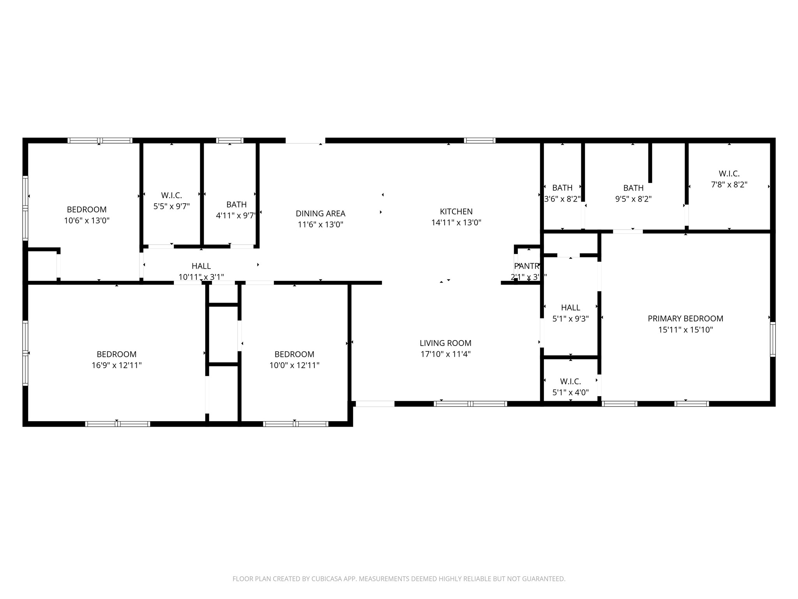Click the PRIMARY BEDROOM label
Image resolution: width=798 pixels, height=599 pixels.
(685, 319)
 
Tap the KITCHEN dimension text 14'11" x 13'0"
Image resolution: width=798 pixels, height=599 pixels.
(456, 223)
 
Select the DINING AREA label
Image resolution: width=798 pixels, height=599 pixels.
(320, 213)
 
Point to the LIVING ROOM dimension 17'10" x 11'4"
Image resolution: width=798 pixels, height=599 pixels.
(445, 354)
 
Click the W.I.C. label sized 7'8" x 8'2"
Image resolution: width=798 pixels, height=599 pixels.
(729, 174)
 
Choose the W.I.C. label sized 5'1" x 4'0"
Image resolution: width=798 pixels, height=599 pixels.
(570, 381)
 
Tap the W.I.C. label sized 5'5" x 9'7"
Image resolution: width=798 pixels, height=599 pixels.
(171, 195)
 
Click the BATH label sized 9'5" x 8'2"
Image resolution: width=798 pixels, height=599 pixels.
(633, 188)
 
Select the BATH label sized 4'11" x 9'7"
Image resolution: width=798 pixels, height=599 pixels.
(236, 204)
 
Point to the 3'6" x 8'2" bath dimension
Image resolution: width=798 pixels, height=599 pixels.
(562, 199)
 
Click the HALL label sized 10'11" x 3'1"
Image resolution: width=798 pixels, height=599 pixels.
(201, 266)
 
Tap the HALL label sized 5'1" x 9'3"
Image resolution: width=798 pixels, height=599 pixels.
(570, 308)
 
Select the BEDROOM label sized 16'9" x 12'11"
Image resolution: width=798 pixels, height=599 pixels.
(117, 354)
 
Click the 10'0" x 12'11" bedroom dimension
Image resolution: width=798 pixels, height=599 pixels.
(294, 365)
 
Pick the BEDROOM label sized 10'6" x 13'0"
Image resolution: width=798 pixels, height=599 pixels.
(87, 209)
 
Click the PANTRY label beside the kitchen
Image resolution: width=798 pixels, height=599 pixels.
(526, 266)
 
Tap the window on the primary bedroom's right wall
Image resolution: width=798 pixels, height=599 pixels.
(773, 339)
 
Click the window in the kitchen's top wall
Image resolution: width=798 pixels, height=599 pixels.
(479, 140)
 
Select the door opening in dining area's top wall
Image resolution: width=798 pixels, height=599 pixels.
(305, 141)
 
